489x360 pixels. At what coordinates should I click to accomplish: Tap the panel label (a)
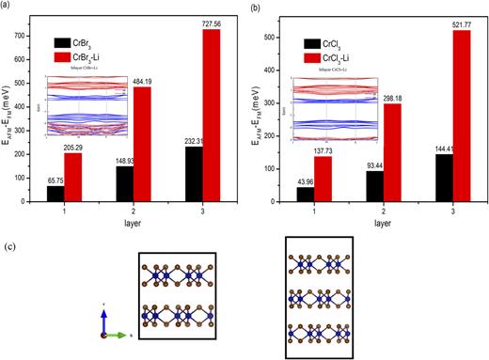pyautogui.click(x=8, y=7)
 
